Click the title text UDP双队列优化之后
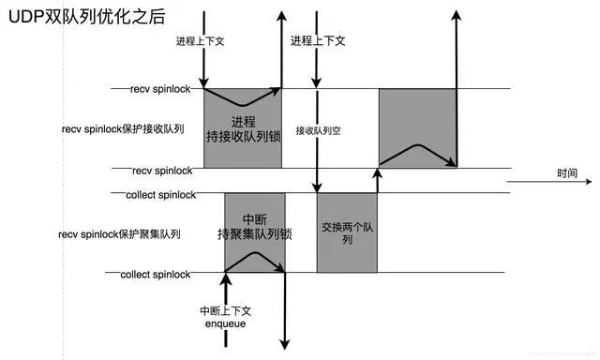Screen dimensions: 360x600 [x=79, y=15]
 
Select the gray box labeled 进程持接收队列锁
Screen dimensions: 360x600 [x=242, y=129]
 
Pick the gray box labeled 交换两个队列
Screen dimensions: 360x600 [x=346, y=233]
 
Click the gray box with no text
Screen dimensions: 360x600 [x=416, y=128]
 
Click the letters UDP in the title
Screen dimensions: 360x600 [x=28, y=15]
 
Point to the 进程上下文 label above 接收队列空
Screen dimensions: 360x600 [x=317, y=41]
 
